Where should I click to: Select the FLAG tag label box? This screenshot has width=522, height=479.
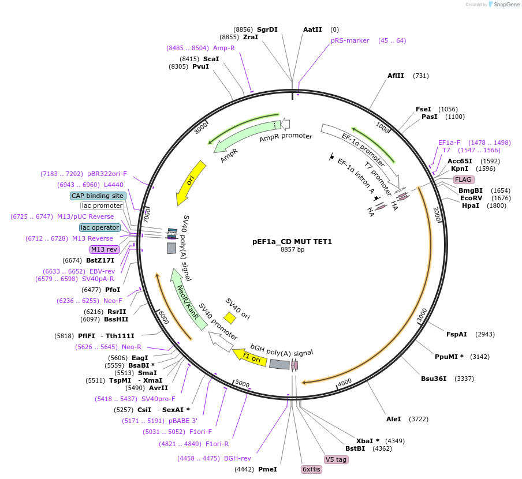[463, 179]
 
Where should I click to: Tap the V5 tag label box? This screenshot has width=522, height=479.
[336, 459]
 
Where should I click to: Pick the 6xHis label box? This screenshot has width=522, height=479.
[311, 469]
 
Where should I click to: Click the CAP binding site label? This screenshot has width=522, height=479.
[98, 196]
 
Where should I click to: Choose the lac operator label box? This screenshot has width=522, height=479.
[100, 227]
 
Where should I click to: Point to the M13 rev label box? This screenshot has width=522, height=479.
[104, 249]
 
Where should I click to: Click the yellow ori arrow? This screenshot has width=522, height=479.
[191, 182]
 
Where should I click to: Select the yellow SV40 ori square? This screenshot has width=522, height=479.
[230, 317]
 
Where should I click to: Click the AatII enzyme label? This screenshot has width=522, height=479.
[312, 29]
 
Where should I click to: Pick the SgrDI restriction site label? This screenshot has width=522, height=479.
[267, 29]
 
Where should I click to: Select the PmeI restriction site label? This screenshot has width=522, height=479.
[267, 469]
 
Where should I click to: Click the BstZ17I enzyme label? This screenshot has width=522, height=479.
[100, 260]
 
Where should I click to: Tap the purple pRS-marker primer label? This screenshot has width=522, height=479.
[350, 40]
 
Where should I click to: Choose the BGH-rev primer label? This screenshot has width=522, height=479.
[237, 458]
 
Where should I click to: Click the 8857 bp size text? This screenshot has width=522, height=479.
[292, 250]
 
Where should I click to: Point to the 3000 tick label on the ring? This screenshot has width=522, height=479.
[422, 315]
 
